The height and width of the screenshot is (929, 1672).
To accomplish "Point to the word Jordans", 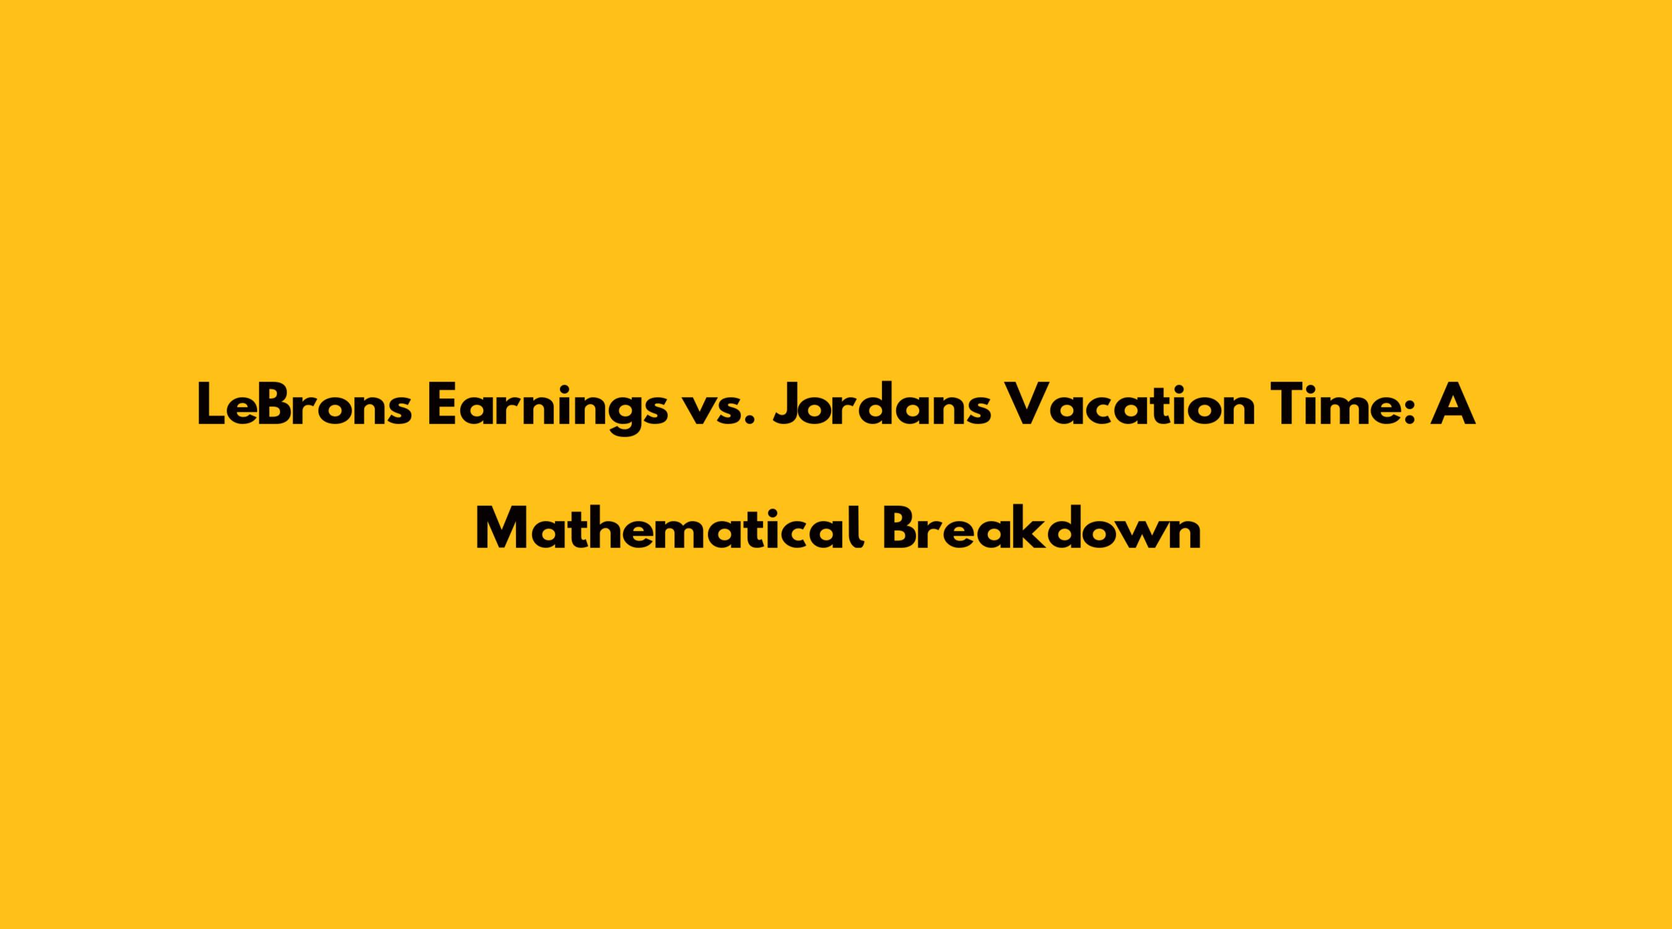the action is pos(881,404).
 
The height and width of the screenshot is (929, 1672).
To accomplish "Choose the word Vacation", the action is pos(1129,404).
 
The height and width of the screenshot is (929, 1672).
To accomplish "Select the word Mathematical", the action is pos(670,527).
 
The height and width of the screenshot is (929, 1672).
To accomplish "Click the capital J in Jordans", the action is pos(788,405).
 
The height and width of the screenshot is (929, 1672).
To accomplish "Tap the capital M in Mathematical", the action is pos(504,528).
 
